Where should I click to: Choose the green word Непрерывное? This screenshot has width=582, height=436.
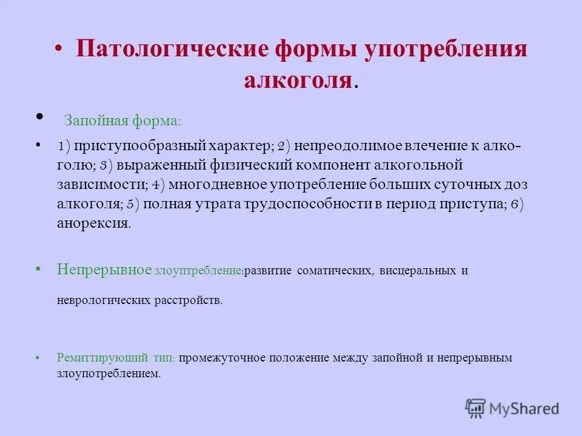click(104, 270)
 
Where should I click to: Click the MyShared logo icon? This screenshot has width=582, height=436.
click(476, 408)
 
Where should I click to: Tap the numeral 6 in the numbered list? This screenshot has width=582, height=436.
click(513, 204)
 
